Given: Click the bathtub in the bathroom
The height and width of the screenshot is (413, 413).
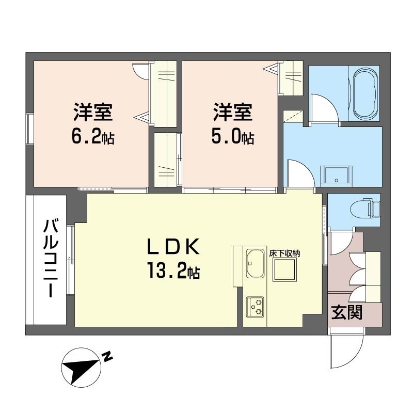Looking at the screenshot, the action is (x=365, y=93).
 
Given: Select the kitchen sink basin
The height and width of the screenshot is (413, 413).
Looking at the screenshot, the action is (x=255, y=263).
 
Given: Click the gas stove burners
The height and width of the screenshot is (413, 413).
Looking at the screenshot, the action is (x=255, y=307).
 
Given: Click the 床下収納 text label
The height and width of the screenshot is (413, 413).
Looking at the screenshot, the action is (x=284, y=253).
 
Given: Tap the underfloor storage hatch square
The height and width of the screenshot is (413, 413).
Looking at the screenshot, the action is (x=284, y=269).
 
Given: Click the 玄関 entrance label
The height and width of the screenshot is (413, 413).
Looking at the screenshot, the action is (x=346, y=312).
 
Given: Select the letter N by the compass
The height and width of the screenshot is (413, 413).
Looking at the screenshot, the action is (x=107, y=356).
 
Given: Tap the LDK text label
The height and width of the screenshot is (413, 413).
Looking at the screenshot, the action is (x=173, y=247).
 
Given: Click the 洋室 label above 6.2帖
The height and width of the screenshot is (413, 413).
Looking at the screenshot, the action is (x=93, y=112).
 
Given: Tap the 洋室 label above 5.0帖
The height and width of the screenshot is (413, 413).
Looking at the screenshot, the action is (x=233, y=112).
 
